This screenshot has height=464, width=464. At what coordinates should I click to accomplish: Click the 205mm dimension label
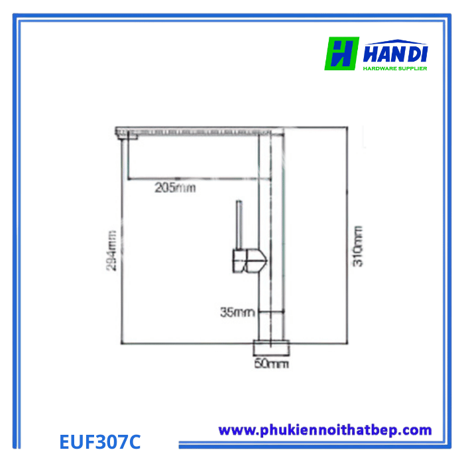(175, 188)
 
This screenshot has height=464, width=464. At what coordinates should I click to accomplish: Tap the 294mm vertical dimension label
(111, 251)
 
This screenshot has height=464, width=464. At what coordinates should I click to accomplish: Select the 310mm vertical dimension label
(357, 246)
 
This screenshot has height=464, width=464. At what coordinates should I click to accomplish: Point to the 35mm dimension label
(237, 312)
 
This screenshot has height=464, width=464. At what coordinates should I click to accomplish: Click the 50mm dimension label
(271, 363)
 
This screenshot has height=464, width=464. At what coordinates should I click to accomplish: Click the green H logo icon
(342, 54)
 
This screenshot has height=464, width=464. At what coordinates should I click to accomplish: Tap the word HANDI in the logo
(395, 54)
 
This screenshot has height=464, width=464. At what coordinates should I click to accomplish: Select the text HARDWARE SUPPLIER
(395, 68)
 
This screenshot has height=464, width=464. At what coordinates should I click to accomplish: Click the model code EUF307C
(100, 442)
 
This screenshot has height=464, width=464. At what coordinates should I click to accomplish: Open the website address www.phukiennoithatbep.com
(325, 430)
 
